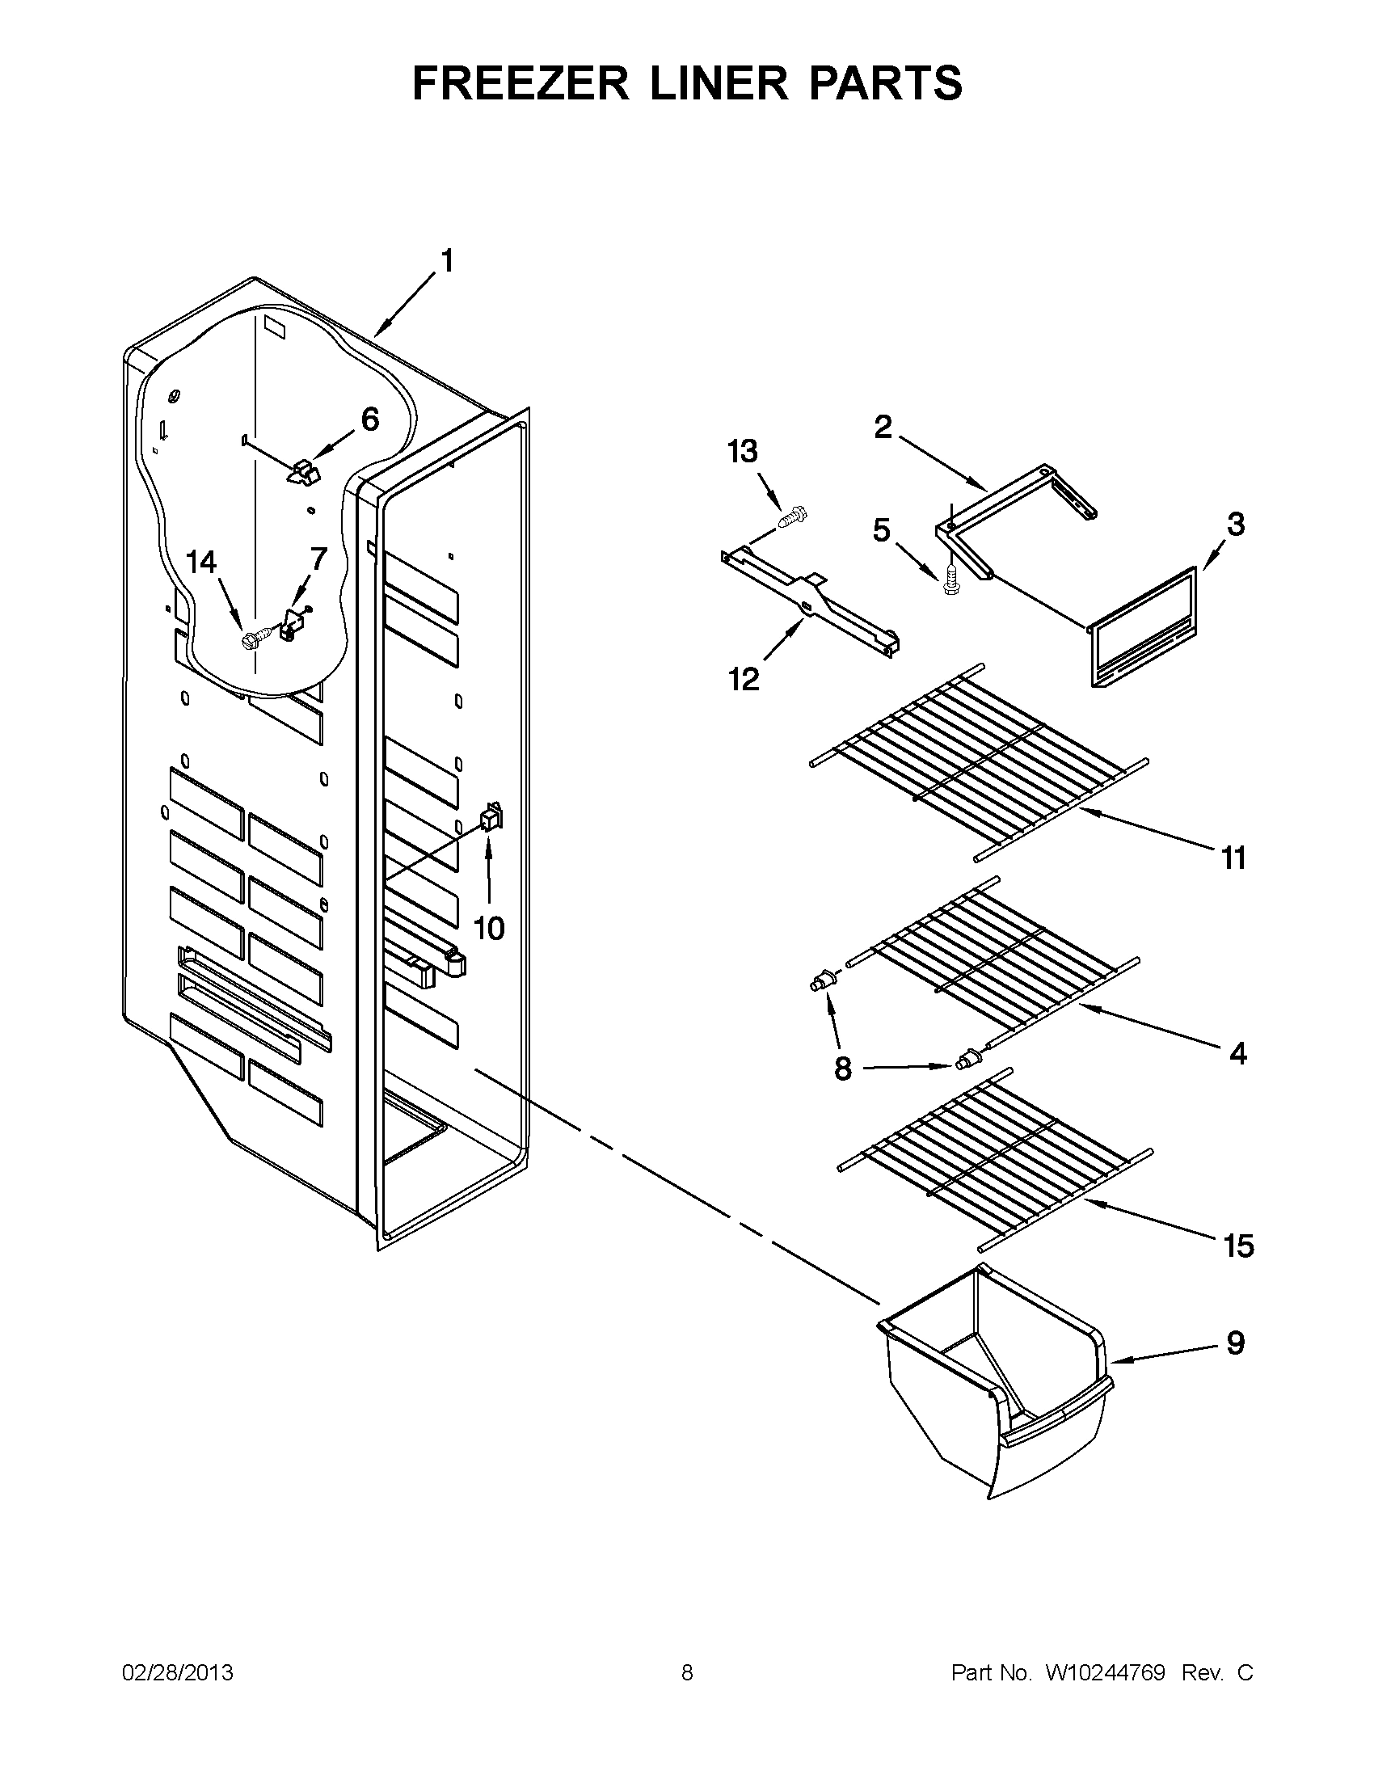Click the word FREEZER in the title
coord(521,83)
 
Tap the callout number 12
coord(743,678)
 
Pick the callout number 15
coord(1238,1246)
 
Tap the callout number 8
coord(843,1068)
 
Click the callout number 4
coord(1237,1054)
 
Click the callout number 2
coord(883,427)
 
